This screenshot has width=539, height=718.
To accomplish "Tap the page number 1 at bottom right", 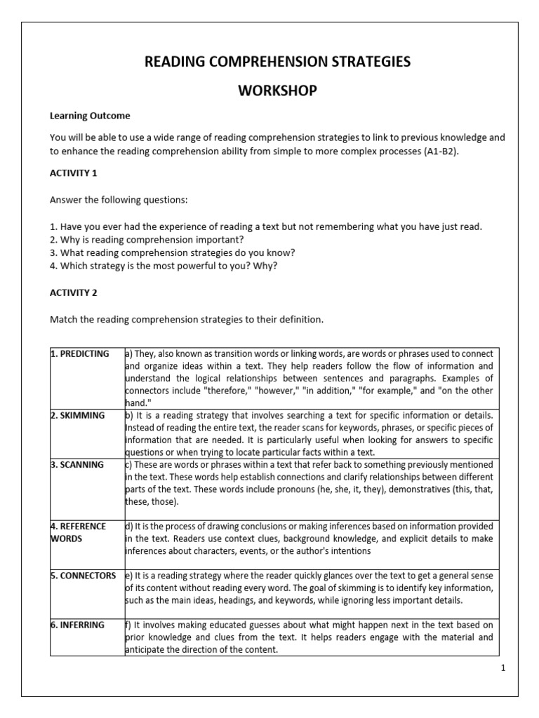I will [x=503, y=668].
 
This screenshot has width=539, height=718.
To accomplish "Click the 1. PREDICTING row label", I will [x=79, y=354].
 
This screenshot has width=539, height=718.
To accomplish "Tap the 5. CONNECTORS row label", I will [x=83, y=575].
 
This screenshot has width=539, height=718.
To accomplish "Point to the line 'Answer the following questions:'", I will [x=119, y=200].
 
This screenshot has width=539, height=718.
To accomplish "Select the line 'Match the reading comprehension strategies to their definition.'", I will [x=187, y=320].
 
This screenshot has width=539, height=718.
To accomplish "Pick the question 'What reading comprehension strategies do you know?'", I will [x=168, y=252].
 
